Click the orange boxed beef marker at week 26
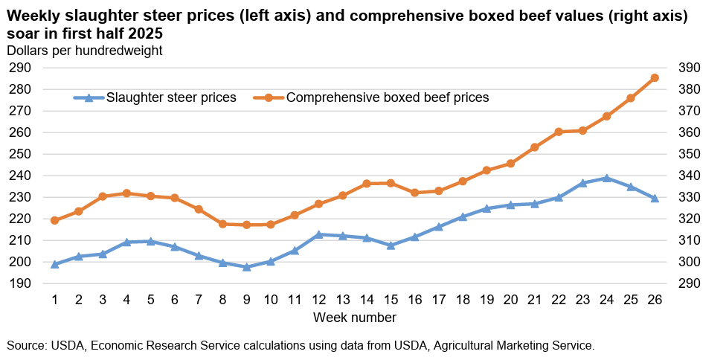(x=655, y=78)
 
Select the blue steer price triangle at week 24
(x=607, y=179)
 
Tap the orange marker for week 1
(x=54, y=221)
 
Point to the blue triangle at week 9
(x=247, y=266)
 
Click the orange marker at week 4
(x=126, y=193)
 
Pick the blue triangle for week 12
(x=318, y=234)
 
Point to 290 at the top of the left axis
(x=19, y=68)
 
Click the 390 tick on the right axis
(x=690, y=68)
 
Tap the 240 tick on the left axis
(x=19, y=176)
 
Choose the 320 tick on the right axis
(x=690, y=219)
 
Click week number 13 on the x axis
(x=342, y=299)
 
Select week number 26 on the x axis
(x=655, y=299)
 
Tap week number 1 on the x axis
(x=54, y=299)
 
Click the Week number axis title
(x=354, y=318)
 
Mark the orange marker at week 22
(x=559, y=132)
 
